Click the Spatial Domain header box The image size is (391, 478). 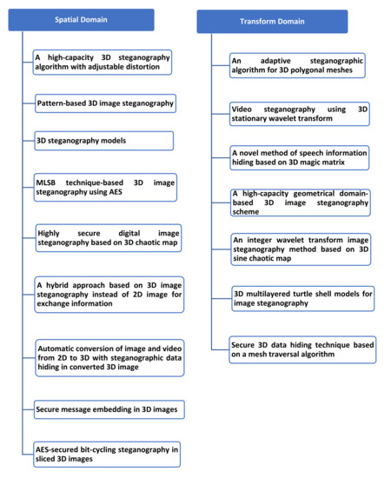pyautogui.click(x=81, y=19)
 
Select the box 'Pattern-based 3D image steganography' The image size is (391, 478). pyautogui.click(x=105, y=103)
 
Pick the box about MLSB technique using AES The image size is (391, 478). pyautogui.click(x=105, y=186)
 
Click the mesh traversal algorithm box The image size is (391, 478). pyautogui.click(x=302, y=348)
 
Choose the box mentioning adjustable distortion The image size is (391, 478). pyautogui.click(x=102, y=62)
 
